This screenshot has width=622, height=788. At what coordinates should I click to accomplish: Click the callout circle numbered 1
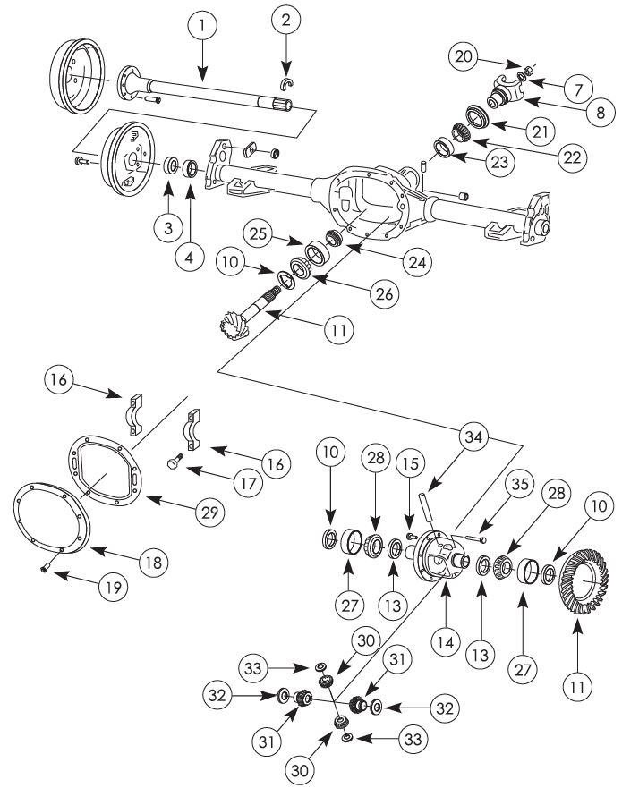pyautogui.click(x=202, y=25)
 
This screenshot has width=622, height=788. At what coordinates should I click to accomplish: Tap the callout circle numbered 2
pyautogui.click(x=286, y=20)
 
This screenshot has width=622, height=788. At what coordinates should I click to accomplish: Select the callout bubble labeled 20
pyautogui.click(x=463, y=56)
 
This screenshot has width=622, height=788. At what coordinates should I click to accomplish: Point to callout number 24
pyautogui.click(x=417, y=261)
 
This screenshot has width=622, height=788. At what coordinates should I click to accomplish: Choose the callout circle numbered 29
pyautogui.click(x=210, y=512)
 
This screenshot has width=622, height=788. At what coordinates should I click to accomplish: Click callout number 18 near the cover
pyautogui.click(x=153, y=563)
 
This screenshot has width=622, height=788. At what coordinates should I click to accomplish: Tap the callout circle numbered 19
pyautogui.click(x=114, y=587)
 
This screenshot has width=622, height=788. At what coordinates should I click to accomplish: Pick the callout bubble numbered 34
pyautogui.click(x=473, y=436)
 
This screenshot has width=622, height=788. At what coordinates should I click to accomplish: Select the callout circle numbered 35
pyautogui.click(x=520, y=484)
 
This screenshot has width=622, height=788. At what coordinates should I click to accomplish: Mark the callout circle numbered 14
pyautogui.click(x=446, y=641)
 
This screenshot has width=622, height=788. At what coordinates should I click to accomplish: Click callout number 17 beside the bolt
pyautogui.click(x=249, y=484)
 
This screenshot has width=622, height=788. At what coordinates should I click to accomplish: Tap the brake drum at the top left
pyautogui.click(x=78, y=76)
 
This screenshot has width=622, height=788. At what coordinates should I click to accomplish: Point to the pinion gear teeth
pyautogui.click(x=234, y=326)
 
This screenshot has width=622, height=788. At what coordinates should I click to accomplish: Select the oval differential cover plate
pyautogui.click(x=51, y=518)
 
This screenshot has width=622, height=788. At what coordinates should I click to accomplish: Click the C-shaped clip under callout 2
pyautogui.click(x=287, y=83)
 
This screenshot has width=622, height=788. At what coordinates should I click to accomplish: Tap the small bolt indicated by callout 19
pyautogui.click(x=45, y=568)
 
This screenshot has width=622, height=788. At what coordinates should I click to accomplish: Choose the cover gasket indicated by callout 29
pyautogui.click(x=105, y=470)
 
